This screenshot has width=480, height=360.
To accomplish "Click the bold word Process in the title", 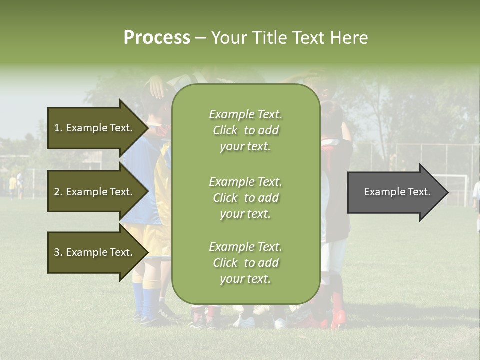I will (x=157, y=38).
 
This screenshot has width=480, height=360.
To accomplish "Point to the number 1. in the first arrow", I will (x=58, y=128).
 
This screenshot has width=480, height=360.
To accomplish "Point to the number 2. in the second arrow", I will (x=58, y=192).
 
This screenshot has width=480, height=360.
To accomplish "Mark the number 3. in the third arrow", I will (x=58, y=252).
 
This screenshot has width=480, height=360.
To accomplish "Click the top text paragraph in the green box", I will (x=245, y=130).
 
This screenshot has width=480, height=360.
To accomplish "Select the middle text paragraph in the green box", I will (x=245, y=198).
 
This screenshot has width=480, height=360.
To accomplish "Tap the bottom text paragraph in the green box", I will (x=245, y=263).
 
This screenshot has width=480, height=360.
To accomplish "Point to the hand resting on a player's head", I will (x=158, y=88).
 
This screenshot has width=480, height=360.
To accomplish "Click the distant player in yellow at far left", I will (x=12, y=186).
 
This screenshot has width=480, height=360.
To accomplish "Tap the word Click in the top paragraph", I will (x=225, y=130).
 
